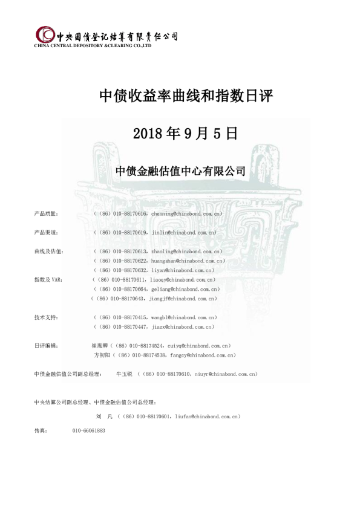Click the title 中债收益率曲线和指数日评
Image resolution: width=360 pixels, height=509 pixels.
tap(180, 97)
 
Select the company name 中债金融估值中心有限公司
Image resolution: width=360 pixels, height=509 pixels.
tap(180, 171)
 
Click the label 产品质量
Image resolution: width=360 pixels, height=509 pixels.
tap(46, 214)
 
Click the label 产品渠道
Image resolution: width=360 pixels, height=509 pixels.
tap(46, 233)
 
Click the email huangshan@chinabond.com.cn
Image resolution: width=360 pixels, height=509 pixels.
tap(188, 261)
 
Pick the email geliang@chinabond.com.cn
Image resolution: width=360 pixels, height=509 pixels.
tap(183, 290)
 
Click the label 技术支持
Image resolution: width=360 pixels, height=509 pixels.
tap(46, 317)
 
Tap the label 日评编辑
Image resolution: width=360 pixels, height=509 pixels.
tap(46, 346)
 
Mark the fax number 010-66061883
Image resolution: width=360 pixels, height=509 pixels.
tap(89, 430)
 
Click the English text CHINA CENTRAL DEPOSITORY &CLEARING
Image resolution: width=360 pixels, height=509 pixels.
tap(85, 45)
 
